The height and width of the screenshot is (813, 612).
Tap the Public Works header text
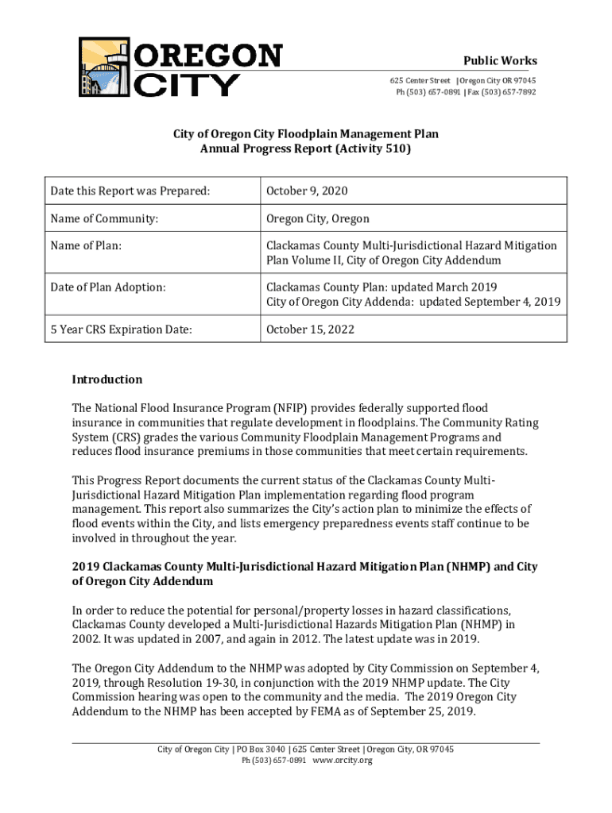pyautogui.click(x=500, y=61)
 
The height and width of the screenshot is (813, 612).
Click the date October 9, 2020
pyautogui.click(x=307, y=191)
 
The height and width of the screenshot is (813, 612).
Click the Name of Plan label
pyautogui.click(x=86, y=246)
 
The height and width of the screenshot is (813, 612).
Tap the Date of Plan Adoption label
pyautogui.click(x=108, y=287)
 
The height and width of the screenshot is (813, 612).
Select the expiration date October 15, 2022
pyautogui.click(x=310, y=329)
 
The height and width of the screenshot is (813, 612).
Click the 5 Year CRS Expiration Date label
pyautogui.click(x=121, y=329)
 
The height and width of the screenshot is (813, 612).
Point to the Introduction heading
pyautogui.click(x=107, y=380)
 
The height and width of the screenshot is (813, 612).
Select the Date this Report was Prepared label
pyautogui.click(x=130, y=191)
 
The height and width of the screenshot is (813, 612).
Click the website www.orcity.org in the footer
pyautogui.click(x=343, y=761)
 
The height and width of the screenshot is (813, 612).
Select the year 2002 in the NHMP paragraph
pyautogui.click(x=85, y=639)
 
